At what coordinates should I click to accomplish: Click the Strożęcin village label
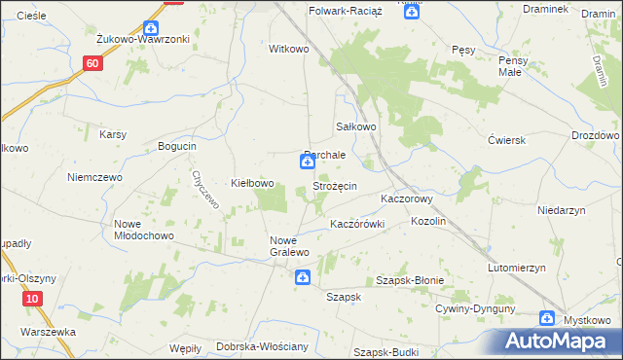(x=334, y=186)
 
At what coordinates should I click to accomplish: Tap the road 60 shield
(x=92, y=63)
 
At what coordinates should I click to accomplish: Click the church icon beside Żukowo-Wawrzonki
(x=149, y=29)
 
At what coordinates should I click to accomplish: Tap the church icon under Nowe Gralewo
(x=303, y=278)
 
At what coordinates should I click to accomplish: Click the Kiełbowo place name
(x=252, y=184)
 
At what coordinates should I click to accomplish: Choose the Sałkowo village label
(x=356, y=126)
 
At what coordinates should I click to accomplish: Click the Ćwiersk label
(x=507, y=139)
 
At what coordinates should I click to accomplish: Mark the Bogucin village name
(x=177, y=146)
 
